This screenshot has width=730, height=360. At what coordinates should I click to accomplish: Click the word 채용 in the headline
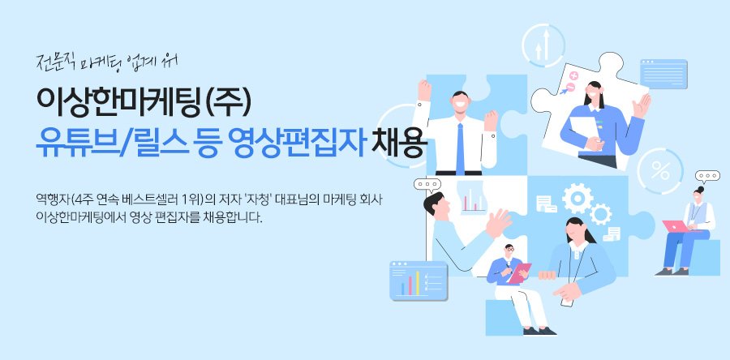(x=398, y=143)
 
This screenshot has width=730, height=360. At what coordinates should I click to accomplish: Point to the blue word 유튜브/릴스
(x=113, y=143)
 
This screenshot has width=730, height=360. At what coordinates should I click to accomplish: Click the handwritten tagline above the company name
(x=107, y=63)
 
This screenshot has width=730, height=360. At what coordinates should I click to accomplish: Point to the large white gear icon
(x=578, y=198)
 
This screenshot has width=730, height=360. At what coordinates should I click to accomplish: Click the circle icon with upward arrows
(x=543, y=46)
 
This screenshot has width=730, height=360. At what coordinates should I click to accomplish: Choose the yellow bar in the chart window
(x=418, y=283)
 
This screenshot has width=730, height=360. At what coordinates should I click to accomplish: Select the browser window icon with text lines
(x=663, y=74)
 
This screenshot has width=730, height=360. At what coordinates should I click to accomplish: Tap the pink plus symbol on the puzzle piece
(x=573, y=76)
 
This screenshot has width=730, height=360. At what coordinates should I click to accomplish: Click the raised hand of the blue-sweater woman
(x=642, y=105)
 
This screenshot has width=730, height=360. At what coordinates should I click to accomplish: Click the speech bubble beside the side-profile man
(x=427, y=185)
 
